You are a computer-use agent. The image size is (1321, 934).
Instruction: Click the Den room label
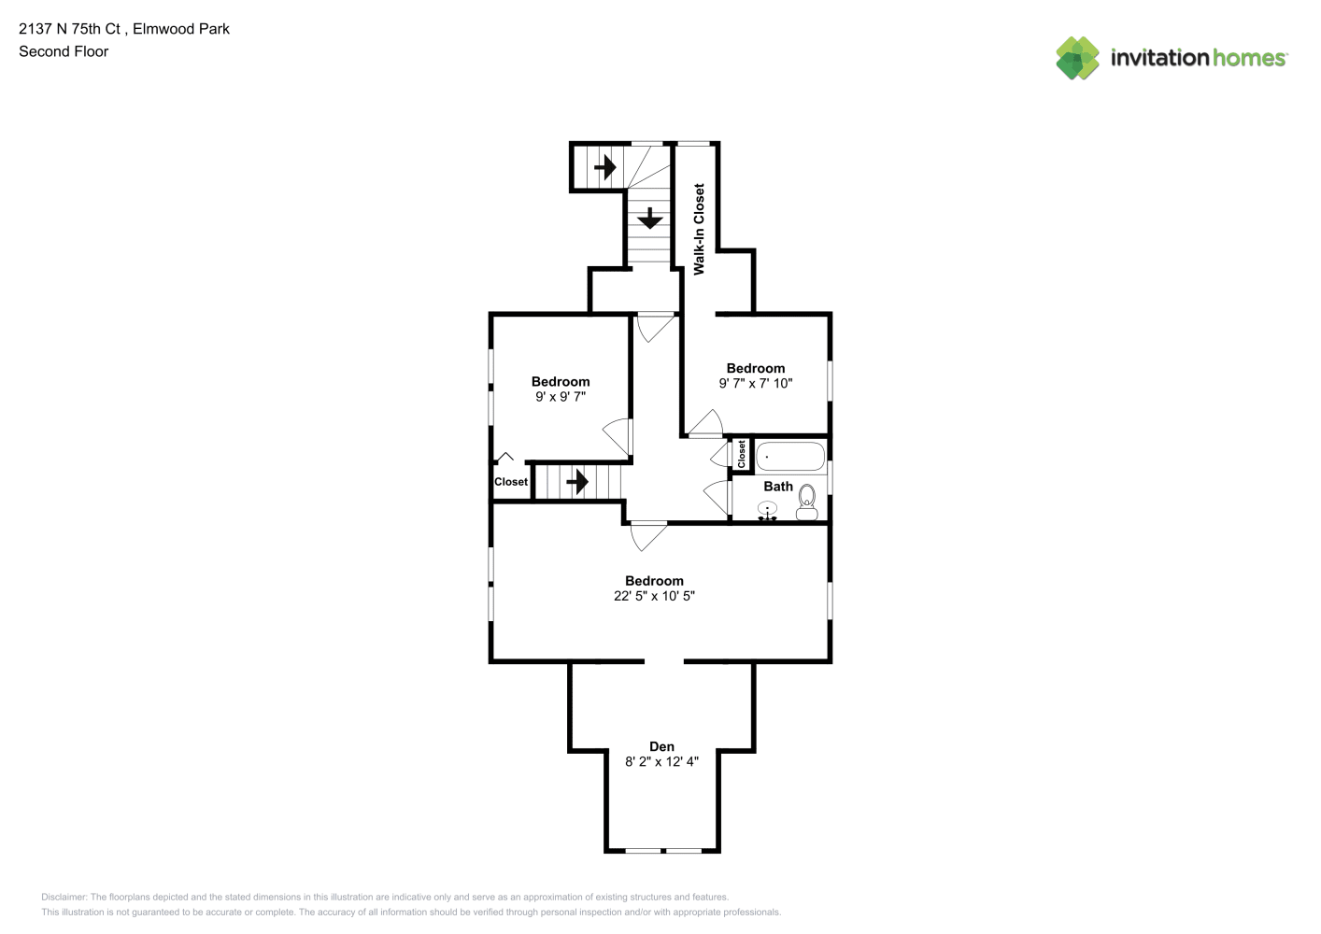pyautogui.click(x=661, y=746)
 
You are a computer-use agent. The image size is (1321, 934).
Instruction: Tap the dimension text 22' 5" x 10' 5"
pyautogui.click(x=654, y=596)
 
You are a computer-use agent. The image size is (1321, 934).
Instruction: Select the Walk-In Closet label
pyautogui.click(x=699, y=230)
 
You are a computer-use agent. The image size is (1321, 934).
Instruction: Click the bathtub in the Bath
pyautogui.click(x=790, y=457)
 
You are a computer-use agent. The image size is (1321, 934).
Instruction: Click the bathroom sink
pyautogui.click(x=767, y=510)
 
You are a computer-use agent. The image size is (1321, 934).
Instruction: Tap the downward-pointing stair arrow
pyautogui.click(x=650, y=219)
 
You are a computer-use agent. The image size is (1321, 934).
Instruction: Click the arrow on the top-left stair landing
pyautogui.click(x=605, y=167)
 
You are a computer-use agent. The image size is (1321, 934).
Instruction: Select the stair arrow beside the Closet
pyautogui.click(x=577, y=482)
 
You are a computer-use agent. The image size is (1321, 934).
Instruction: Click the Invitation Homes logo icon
pyautogui.click(x=1077, y=58)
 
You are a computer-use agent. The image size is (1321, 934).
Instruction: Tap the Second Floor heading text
pyautogui.click(x=64, y=52)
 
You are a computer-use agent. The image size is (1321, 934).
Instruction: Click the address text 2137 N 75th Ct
pyautogui.click(x=69, y=29)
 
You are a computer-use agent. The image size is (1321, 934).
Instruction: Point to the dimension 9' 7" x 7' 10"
pyautogui.click(x=756, y=383)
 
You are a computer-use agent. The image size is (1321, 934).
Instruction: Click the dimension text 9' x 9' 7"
pyautogui.click(x=561, y=397)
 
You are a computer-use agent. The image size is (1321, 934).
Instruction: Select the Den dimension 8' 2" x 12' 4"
pyautogui.click(x=661, y=762)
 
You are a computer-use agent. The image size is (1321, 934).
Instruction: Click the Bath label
pyautogui.click(x=778, y=487)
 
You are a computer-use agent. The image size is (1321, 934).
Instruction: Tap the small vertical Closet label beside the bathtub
pyautogui.click(x=741, y=454)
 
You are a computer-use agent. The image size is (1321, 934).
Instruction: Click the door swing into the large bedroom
pyautogui.click(x=648, y=536)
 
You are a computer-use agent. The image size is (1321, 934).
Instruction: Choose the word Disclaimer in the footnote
pyautogui.click(x=64, y=897)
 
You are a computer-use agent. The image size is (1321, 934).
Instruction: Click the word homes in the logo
pyautogui.click(x=1248, y=58)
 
